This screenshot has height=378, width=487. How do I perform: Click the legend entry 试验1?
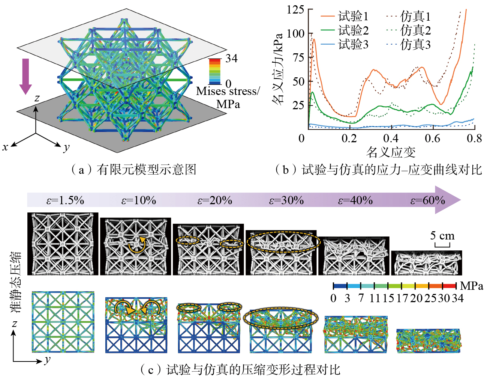pos(353,17)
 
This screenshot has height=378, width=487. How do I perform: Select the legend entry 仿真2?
pos(415,30)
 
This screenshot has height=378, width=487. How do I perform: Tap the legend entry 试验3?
pos(353,45)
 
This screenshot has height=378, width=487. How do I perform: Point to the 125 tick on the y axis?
pos(295,9)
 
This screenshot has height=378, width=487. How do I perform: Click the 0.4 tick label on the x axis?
pos(391,139)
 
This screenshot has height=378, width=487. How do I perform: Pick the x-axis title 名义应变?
pos(391,152)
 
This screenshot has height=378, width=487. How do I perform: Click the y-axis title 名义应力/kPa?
pos(278,69)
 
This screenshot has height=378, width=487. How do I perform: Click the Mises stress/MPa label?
pos(228,97)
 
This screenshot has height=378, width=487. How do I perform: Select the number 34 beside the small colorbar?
pos(231,59)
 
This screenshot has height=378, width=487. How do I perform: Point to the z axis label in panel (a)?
pos(37,98)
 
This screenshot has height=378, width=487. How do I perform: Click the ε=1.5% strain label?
pos(65,200)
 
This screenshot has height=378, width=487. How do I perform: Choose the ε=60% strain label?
pos(427,200)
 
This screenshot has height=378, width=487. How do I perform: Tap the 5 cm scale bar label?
pos(442,236)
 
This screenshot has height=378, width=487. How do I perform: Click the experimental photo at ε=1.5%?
pos(63,244)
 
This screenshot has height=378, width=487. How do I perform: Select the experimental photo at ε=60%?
pos(426,262)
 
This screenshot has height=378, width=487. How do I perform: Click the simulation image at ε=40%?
pos(355,334)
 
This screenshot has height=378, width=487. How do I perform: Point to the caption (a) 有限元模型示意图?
pos(133,170)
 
